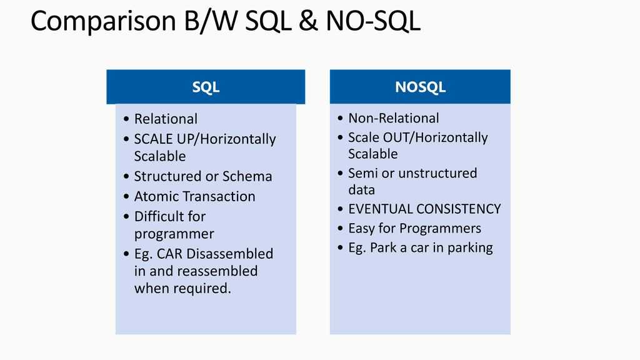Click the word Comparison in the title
click(103, 22)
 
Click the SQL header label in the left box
click(206, 87)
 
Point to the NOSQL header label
click(420, 87)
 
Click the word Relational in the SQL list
click(166, 119)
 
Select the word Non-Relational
click(394, 118)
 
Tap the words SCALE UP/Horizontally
click(205, 139)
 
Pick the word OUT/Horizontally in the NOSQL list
click(435, 138)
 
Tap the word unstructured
click(437, 173)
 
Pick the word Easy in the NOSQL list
click(361, 229)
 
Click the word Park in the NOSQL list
click(383, 247)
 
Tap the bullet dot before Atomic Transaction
click(126, 196)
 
